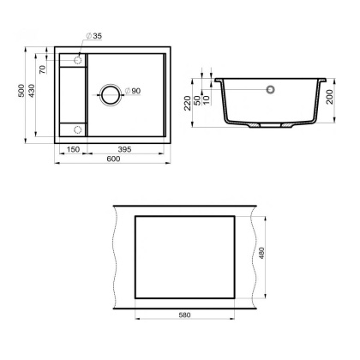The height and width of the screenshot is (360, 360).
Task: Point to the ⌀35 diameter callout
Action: click(95, 36)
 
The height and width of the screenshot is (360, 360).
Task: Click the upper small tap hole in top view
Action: click(77, 60)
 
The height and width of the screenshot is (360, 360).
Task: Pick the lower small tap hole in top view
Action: click(77, 129)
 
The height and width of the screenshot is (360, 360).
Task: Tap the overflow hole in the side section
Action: click(271, 88)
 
